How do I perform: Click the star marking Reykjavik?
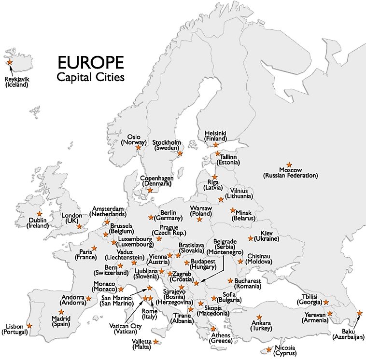coord(9,62)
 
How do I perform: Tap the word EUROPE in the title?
coord(90,63)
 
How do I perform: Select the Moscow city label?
coord(291,173)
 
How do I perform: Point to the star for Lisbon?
coord(29,326)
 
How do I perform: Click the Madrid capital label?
coord(61,322)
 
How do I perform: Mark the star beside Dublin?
coord(39,214)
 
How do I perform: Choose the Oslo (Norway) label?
coord(134,139)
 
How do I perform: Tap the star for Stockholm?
coord(180,153)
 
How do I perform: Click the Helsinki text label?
coord(215,136)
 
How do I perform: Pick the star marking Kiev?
coord(251,238)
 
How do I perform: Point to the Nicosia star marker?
coord(269,349)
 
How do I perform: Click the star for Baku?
coord(359,313)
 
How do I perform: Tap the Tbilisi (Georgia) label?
coord(309,299)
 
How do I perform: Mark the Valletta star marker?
coord(156,342)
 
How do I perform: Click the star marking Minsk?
coord(233,210)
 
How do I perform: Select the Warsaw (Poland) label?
coord(201,211)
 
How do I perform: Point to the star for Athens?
coord(213,329)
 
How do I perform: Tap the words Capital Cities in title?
coord(90,77)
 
